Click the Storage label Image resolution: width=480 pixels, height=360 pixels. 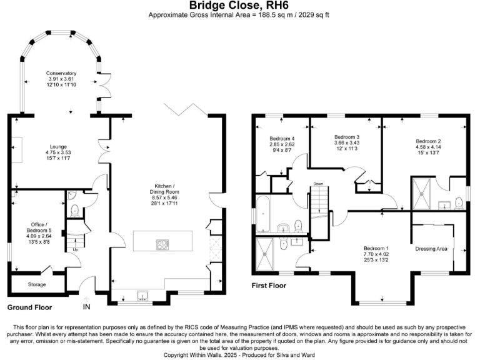tap(37, 284)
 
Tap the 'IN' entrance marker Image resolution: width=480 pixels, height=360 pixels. tap(86, 306)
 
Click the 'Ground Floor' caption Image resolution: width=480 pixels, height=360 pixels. tap(29, 307)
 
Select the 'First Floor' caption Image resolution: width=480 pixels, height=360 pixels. tap(269, 286)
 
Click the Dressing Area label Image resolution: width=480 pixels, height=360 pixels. tap(431, 249)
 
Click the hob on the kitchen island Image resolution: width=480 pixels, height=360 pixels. tap(163, 244)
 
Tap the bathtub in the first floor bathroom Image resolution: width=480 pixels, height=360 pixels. tap(263, 214)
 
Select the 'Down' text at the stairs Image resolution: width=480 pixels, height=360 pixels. tap(318, 184)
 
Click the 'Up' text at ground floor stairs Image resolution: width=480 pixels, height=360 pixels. tap(76, 249)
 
